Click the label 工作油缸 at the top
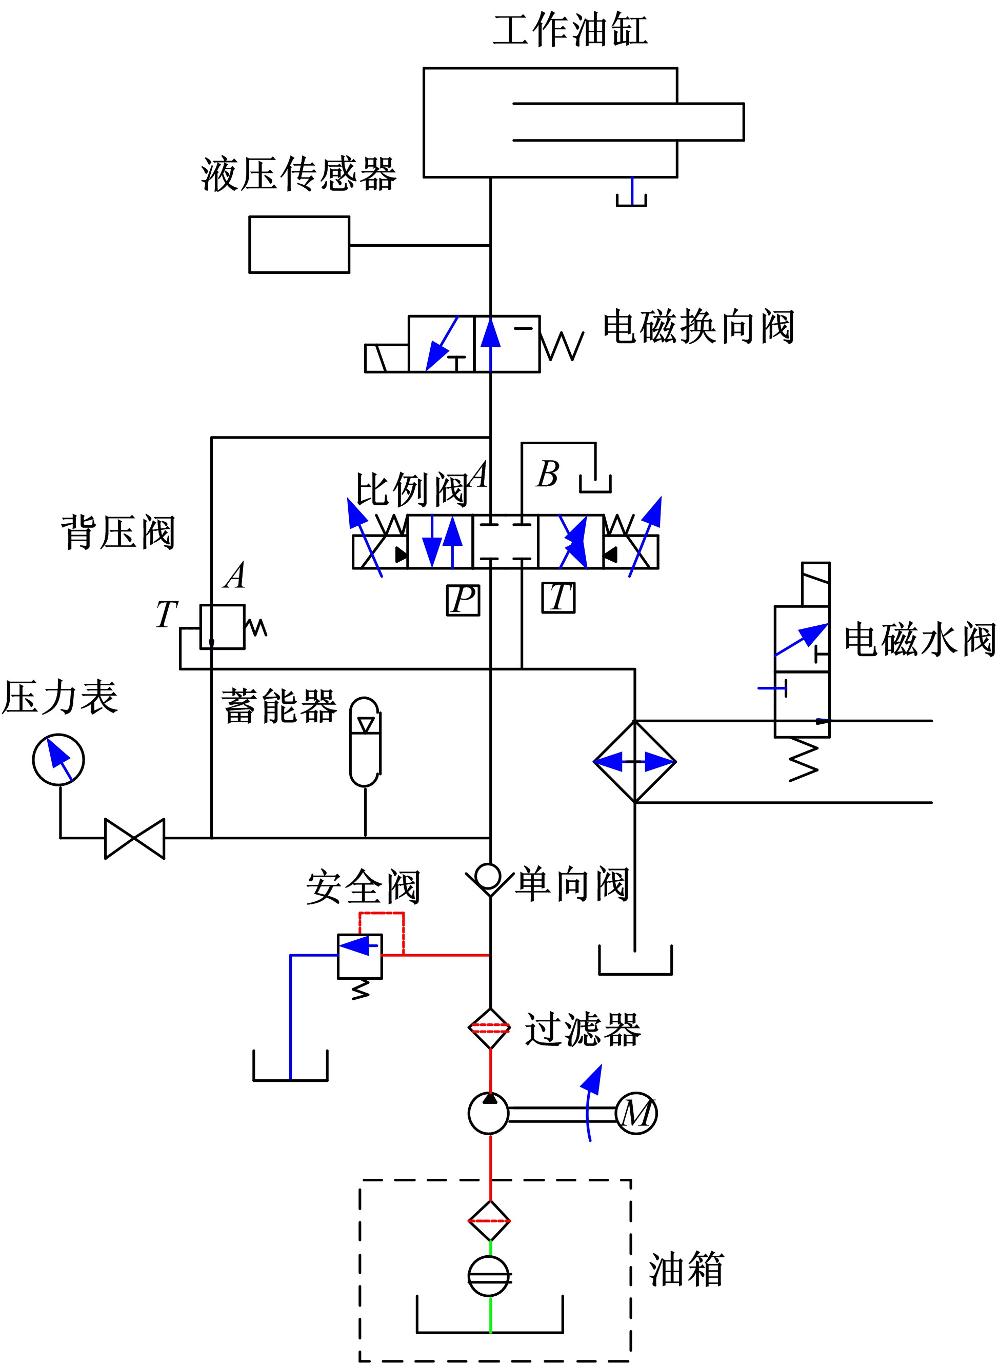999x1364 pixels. (570, 30)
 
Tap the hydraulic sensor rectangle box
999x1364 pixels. (299, 244)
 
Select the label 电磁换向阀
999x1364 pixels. (698, 327)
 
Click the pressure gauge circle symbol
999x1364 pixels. (58, 760)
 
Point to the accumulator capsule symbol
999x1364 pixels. (365, 742)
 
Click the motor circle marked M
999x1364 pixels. (636, 1114)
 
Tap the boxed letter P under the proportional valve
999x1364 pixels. (463, 600)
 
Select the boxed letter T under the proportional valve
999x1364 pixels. (558, 598)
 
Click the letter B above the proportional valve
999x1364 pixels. (548, 473)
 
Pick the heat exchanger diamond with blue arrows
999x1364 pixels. (634, 762)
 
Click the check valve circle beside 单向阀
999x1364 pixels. (488, 876)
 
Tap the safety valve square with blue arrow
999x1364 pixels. (360, 956)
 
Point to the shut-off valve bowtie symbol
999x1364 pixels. (134, 838)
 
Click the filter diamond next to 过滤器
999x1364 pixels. (490, 1029)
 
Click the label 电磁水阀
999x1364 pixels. (919, 639)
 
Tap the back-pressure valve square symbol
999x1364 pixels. (223, 627)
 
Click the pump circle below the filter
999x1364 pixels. (489, 1114)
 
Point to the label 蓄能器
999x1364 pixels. (279, 706)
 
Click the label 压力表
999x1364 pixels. (60, 697)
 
